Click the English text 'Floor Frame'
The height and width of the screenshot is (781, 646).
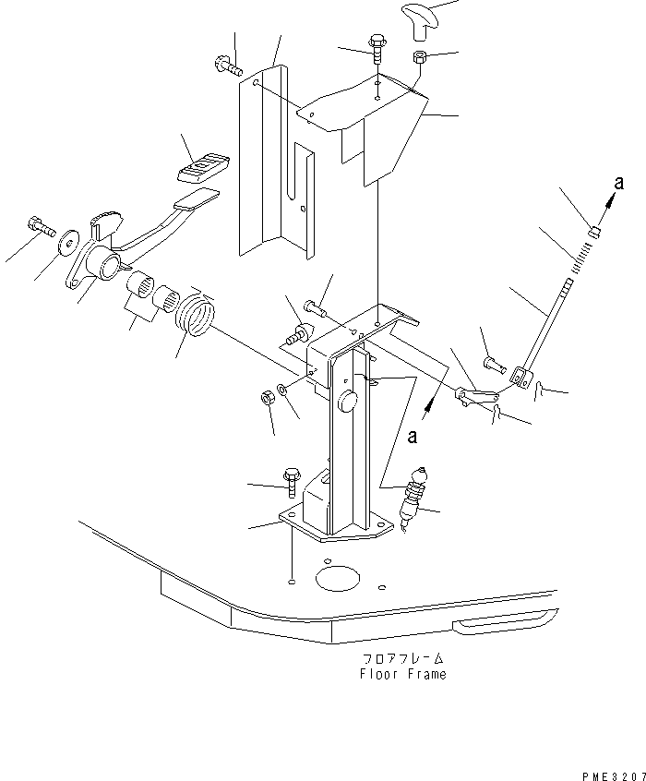pyautogui.click(x=402, y=674)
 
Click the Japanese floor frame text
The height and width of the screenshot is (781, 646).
pyautogui.click(x=402, y=659)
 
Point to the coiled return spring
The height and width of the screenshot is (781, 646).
pyautogui.click(x=196, y=317)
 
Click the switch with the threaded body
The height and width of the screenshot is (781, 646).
pyautogui.click(x=411, y=499)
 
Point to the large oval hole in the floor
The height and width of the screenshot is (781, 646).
pyautogui.click(x=337, y=579)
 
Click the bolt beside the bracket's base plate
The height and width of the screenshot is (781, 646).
pyautogui.click(x=289, y=480)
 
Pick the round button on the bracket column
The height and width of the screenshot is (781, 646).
pyautogui.click(x=347, y=401)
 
